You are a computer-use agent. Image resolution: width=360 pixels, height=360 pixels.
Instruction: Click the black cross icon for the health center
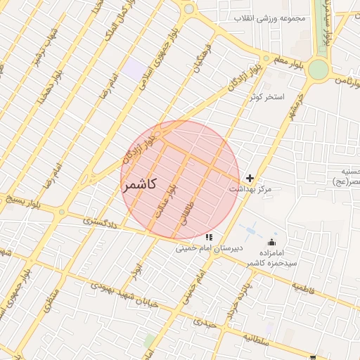(x=250, y=179)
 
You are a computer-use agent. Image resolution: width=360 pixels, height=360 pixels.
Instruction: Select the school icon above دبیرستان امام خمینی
(x=209, y=238)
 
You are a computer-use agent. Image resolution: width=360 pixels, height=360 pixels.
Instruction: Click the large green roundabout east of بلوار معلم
(x=318, y=69)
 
